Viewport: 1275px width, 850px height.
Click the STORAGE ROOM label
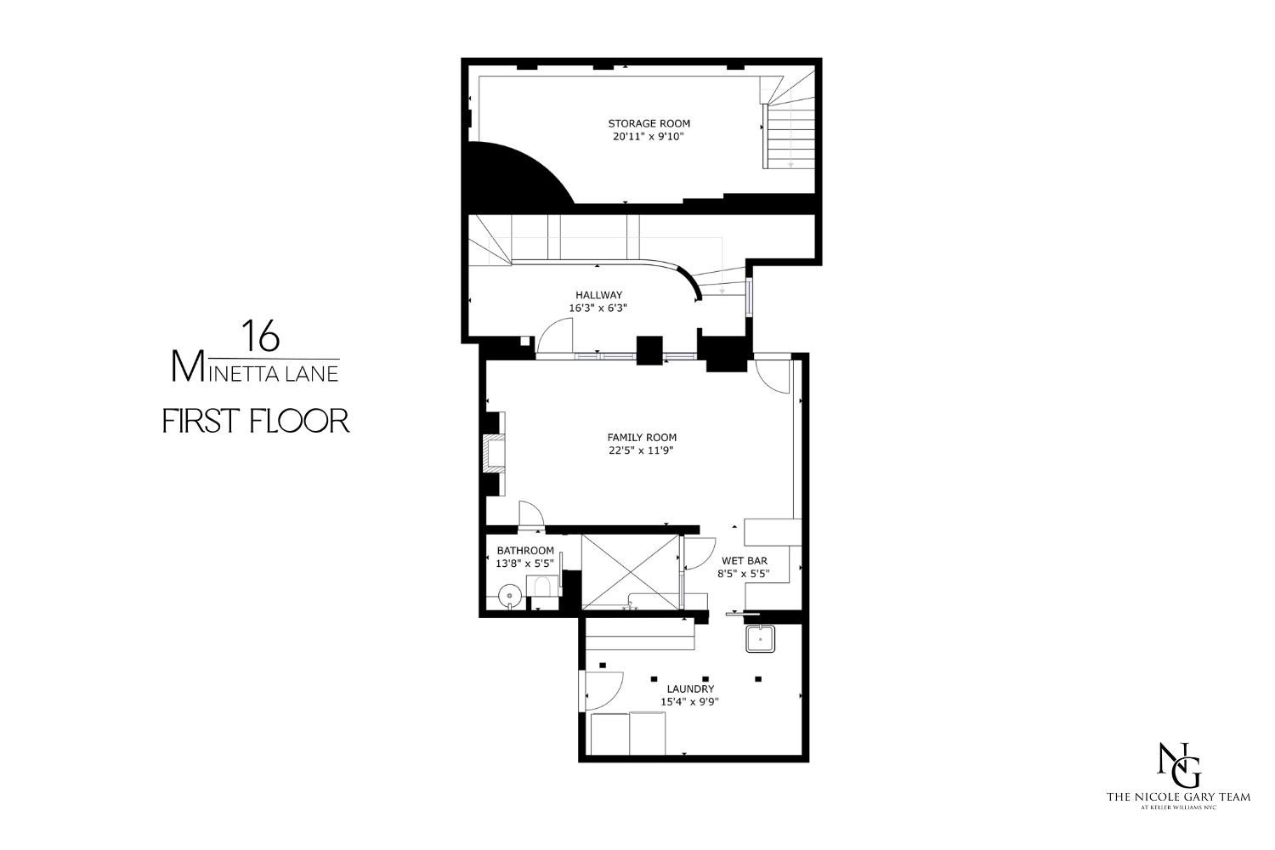tap(649, 123)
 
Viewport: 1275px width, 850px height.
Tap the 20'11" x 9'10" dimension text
tap(649, 136)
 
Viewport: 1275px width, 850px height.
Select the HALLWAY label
tap(598, 295)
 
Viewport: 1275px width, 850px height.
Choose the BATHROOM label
tap(525, 550)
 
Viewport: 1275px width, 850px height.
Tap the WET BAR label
tap(745, 560)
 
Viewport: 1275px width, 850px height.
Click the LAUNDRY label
tap(690, 688)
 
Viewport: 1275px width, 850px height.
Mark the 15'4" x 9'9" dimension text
tap(690, 702)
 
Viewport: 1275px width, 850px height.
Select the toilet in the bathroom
tap(541, 587)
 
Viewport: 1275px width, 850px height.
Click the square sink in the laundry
tap(761, 637)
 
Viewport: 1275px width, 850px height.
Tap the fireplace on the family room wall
tap(493, 453)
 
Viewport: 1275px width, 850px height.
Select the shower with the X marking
tap(631, 571)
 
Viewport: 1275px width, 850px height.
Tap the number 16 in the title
tap(260, 336)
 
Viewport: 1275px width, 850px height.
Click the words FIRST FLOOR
tap(256, 421)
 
